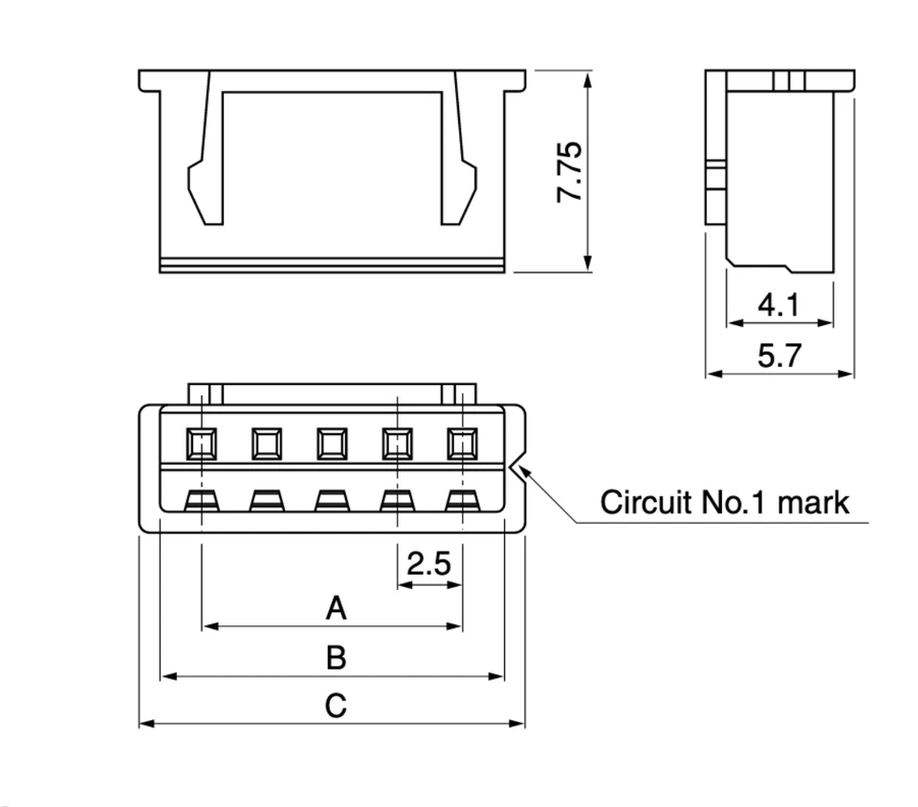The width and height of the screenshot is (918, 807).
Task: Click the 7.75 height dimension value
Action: pyautogui.click(x=569, y=172)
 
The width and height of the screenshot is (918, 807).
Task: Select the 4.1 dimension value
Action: pyautogui.click(x=778, y=306)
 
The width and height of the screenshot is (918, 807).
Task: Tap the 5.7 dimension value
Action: pyautogui.click(x=778, y=357)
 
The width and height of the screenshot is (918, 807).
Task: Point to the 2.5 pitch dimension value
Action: pyautogui.click(x=428, y=564)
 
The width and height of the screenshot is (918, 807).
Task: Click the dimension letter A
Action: pyautogui.click(x=335, y=607)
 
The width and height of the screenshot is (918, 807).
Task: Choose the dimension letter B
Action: pyautogui.click(x=335, y=658)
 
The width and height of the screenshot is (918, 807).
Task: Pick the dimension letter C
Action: pyautogui.click(x=335, y=707)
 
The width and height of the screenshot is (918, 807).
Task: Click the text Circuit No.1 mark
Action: pyautogui.click(x=724, y=502)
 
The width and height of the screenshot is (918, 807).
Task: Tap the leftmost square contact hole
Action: pyautogui.click(x=202, y=443)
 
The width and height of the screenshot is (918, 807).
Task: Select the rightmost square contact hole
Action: pyautogui.click(x=462, y=443)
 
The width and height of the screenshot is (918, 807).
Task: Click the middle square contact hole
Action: pyautogui.click(x=332, y=443)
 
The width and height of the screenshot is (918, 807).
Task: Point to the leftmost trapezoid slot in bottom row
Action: pyautogui.click(x=202, y=499)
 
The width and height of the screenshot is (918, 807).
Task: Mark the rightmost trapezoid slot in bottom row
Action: pyautogui.click(x=462, y=499)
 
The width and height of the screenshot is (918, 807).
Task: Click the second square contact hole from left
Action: pyautogui.click(x=267, y=443)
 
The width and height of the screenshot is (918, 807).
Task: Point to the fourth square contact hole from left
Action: pyautogui.click(x=397, y=443)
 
